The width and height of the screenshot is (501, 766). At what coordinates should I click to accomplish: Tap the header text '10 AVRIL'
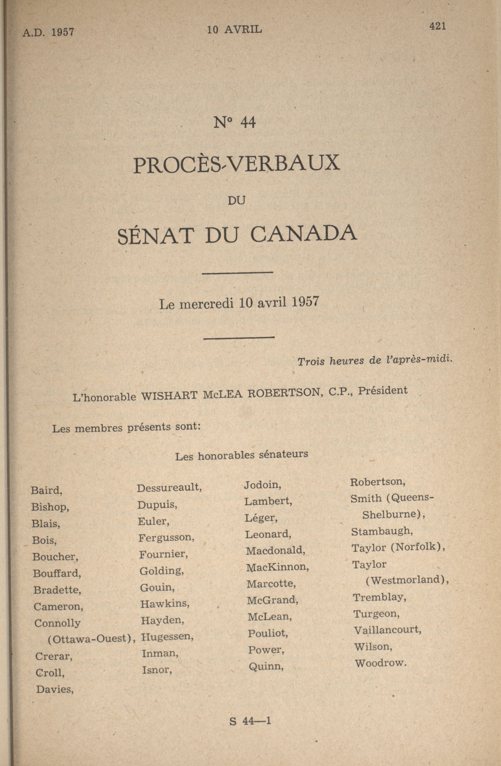pos(234,30)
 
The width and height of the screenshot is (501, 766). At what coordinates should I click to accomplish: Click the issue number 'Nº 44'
pos(234,123)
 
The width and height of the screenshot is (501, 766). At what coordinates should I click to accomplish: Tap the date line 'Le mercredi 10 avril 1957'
pos(239,303)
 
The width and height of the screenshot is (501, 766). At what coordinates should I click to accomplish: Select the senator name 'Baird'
pos(46,491)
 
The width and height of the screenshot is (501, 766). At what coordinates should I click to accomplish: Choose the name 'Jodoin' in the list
pos(262,485)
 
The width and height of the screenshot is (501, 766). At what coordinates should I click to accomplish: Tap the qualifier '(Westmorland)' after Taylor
pos(407,580)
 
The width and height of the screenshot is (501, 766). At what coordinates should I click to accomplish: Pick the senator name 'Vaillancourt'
pos(387,630)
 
